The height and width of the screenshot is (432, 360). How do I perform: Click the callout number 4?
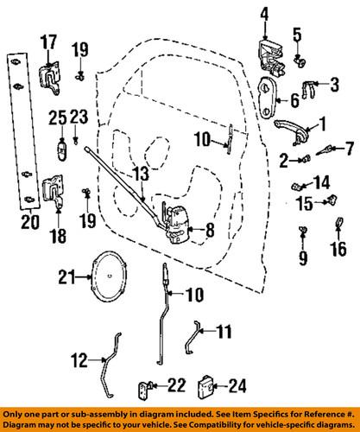point(265,14)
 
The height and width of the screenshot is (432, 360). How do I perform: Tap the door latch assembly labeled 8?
point(178,225)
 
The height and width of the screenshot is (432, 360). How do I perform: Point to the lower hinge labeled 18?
point(52,192)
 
